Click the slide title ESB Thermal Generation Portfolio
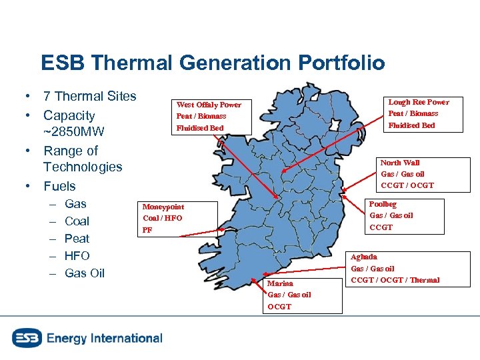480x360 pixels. click(x=213, y=63)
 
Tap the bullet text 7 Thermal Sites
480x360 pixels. click(x=89, y=97)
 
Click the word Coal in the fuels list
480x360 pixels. click(x=77, y=221)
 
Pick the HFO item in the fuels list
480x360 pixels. click(x=77, y=255)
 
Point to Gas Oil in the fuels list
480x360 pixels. click(x=85, y=273)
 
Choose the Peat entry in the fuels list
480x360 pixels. click(x=77, y=238)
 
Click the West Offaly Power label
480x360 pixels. click(x=209, y=105)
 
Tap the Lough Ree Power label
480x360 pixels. click(x=419, y=102)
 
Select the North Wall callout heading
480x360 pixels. click(x=400, y=163)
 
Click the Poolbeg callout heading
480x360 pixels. click(x=383, y=204)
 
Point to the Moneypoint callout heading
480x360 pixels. click(x=163, y=207)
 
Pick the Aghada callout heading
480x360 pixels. click(x=364, y=257)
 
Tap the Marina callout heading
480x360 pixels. click(x=280, y=283)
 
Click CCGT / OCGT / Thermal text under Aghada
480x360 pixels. click(x=395, y=280)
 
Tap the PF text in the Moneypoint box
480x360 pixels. click(x=147, y=230)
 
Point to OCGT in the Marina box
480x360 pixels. click(x=279, y=307)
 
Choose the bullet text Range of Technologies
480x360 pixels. click(x=83, y=159)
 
